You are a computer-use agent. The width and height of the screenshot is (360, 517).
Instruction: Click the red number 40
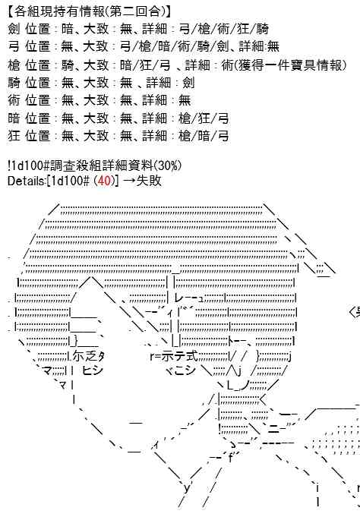point(104,181)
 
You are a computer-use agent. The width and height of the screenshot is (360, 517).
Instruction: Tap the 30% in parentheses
point(169,166)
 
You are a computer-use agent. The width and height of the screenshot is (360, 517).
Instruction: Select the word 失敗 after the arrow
point(149,181)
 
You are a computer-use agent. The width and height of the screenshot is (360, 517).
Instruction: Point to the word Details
point(26,181)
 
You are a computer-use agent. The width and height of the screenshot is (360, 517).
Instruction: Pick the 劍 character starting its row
point(14,29)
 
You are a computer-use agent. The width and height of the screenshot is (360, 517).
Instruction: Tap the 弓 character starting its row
point(14,46)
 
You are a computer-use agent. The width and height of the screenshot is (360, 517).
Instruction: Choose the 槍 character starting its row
point(14,65)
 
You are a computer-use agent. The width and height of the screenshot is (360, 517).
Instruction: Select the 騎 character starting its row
point(14,83)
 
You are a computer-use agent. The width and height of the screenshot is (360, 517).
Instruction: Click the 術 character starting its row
point(14,100)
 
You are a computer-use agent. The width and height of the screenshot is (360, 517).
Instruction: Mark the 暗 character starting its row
point(14,118)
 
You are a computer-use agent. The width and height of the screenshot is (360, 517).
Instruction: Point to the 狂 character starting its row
point(14,136)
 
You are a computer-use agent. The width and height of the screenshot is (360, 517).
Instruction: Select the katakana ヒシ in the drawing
point(92,370)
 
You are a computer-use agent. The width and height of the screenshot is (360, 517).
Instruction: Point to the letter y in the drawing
point(187,487)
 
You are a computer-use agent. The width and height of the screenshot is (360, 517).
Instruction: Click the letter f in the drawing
point(230,458)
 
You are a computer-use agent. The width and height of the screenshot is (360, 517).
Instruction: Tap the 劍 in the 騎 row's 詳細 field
point(188,83)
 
